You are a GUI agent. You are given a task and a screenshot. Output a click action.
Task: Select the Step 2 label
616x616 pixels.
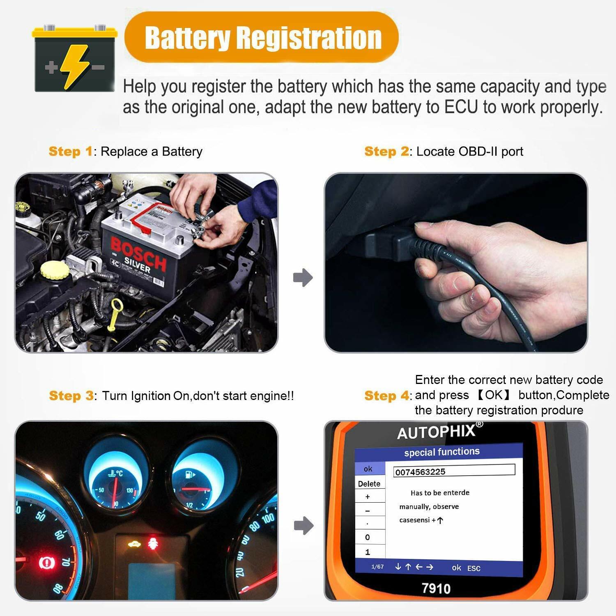(x=386, y=152)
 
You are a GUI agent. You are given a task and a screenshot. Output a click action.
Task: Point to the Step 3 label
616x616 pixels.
(x=71, y=396)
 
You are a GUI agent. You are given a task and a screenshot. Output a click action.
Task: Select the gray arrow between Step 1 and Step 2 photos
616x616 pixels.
(x=303, y=278)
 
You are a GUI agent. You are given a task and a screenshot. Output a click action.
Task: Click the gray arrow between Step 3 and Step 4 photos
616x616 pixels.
(x=304, y=526)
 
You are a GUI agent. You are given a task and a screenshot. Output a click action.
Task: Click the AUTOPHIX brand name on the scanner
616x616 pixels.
(x=436, y=432)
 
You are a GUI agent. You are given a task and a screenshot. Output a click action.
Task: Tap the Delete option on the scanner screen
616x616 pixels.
(x=369, y=484)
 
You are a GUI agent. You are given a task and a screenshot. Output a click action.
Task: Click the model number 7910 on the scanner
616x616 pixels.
(x=436, y=588)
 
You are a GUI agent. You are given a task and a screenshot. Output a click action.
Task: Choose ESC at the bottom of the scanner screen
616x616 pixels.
(x=473, y=568)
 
